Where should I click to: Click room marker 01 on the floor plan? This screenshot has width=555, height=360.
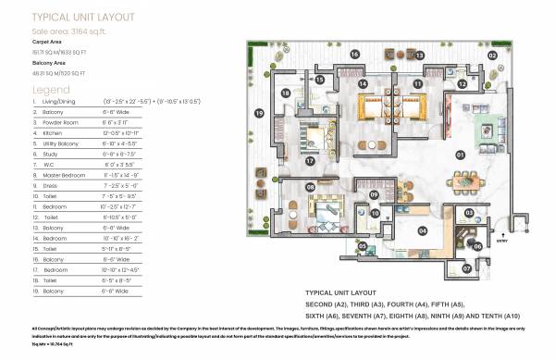pyautogui.click(x=460, y=155)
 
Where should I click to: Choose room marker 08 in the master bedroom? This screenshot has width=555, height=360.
pyautogui.click(x=311, y=189)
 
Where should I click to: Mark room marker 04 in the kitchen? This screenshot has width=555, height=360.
pyautogui.click(x=422, y=230)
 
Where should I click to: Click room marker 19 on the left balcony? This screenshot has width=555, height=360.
pyautogui.click(x=259, y=114)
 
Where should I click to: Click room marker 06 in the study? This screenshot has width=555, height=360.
pyautogui.click(x=477, y=246)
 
